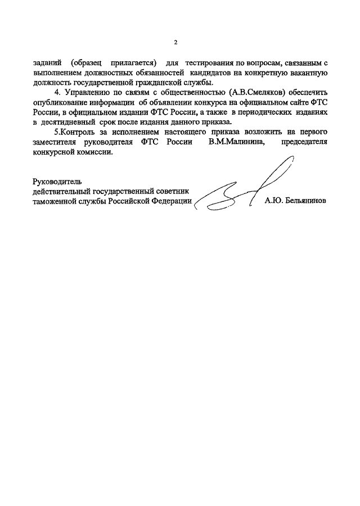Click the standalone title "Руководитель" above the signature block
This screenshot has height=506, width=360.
[57, 181]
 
